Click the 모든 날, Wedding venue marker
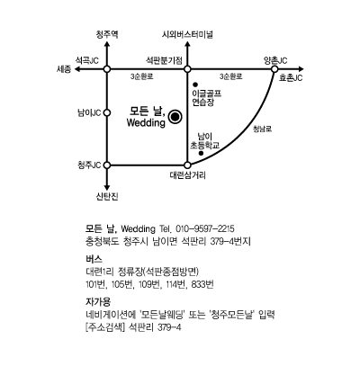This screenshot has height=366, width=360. (x=175, y=117)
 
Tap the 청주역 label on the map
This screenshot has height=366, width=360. (x=107, y=34)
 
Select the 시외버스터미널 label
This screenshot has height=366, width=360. (x=187, y=34)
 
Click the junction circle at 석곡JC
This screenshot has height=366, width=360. (x=107, y=69)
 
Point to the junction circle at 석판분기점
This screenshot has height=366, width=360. (x=187, y=69)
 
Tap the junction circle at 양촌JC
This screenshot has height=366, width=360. (x=274, y=69)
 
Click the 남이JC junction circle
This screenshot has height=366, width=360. (x=107, y=113)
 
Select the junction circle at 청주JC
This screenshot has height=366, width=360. (x=107, y=165)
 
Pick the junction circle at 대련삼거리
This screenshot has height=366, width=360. (x=187, y=165)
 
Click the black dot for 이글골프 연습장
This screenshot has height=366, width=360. (x=195, y=85)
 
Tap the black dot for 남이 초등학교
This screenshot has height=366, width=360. (x=202, y=153)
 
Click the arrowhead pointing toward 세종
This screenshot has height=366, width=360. (x=77, y=69)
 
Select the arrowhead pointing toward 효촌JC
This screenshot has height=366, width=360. (x=301, y=69)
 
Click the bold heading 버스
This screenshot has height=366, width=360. (x=94, y=259)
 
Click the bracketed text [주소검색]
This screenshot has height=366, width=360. (x=105, y=327)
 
